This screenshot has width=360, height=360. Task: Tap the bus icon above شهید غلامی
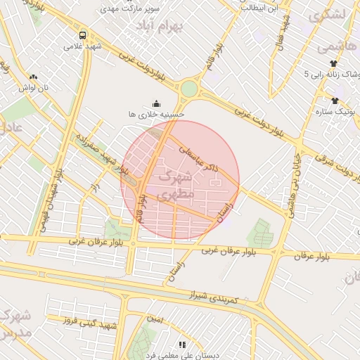click(83, 34)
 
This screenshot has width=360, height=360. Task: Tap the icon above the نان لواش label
click(33, 77)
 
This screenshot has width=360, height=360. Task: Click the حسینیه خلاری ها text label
click(156, 113)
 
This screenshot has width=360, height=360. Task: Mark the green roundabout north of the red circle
click(188, 89)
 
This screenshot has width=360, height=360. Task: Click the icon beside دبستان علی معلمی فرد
click(182, 345)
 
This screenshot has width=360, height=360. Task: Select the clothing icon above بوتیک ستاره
click(334, 101)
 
